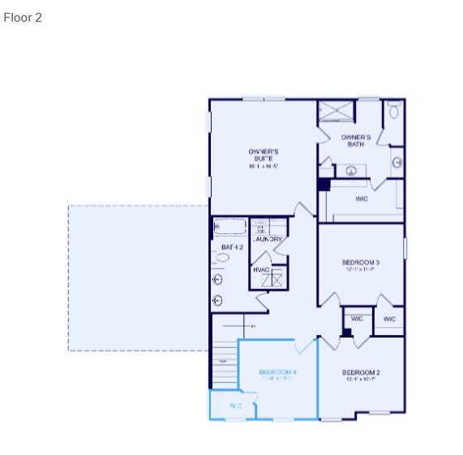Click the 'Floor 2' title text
(x=23, y=17)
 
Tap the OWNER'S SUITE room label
(x=264, y=155)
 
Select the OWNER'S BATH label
(x=355, y=141)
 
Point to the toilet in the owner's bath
(x=394, y=110)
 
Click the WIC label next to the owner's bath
(x=362, y=198)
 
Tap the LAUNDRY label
(x=268, y=240)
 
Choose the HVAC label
(x=261, y=270)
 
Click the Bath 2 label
(x=232, y=247)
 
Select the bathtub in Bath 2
(x=229, y=227)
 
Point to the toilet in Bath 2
(x=221, y=257)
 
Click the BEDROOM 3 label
(x=362, y=262)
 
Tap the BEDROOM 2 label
(x=362, y=372)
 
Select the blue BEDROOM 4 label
(x=277, y=372)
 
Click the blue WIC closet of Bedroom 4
(x=233, y=406)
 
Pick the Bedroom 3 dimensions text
(x=362, y=270)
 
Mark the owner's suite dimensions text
(x=264, y=166)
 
